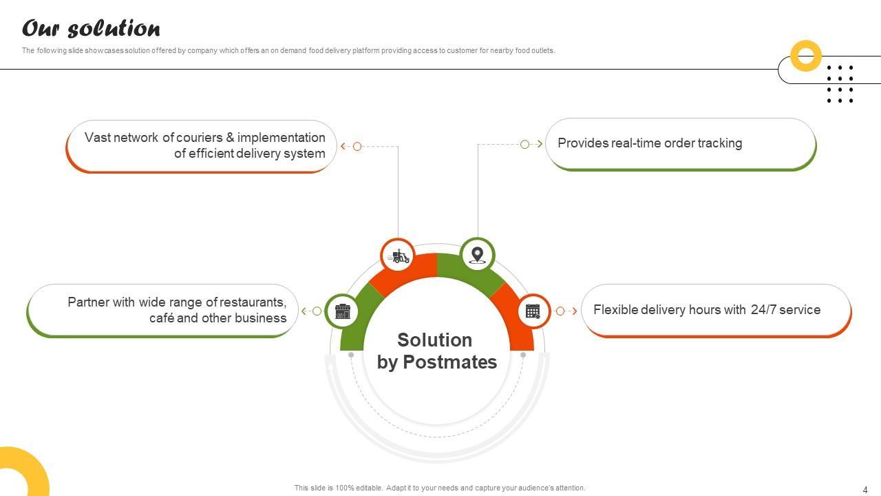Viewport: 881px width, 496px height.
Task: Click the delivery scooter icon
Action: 399,256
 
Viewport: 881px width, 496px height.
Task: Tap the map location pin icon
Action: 477,255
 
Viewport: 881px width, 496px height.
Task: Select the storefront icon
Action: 343,311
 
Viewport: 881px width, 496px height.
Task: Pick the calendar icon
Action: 533,311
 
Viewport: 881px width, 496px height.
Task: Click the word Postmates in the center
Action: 450,362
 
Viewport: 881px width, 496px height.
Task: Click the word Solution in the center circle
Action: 434,340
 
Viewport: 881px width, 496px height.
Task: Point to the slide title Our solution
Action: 92,28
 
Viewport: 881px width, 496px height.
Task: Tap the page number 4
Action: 865,490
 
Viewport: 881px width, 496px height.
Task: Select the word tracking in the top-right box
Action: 720,143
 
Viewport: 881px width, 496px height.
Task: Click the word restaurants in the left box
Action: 253,302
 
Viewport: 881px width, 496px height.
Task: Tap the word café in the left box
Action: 161,318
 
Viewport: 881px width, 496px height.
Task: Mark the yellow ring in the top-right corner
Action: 806,56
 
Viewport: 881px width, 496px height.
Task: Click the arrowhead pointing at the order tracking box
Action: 540,144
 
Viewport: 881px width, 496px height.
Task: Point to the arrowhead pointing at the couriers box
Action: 343,147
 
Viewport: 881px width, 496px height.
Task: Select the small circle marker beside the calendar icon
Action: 560,311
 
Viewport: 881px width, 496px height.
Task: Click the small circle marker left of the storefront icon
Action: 317,311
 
